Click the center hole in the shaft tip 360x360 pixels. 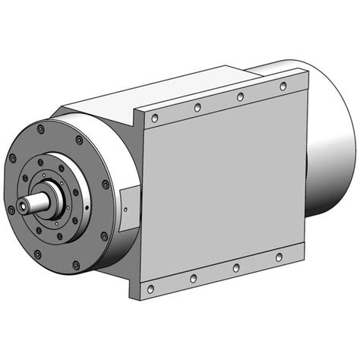pyautogui.click(x=16, y=208)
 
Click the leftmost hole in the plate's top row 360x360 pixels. pyautogui.click(x=155, y=118)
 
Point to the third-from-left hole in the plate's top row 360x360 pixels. pyautogui.click(x=240, y=97)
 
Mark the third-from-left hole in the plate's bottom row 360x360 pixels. pyautogui.click(x=235, y=267)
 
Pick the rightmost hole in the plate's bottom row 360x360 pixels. pyautogui.click(x=279, y=257)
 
